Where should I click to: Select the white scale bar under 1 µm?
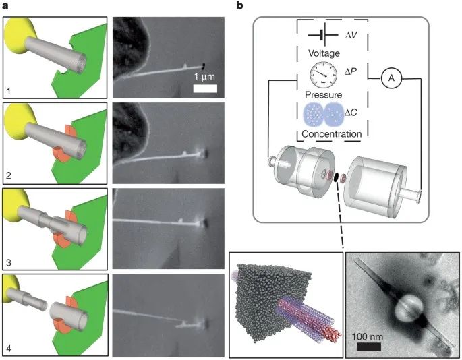pyautogui.click(x=206, y=88)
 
